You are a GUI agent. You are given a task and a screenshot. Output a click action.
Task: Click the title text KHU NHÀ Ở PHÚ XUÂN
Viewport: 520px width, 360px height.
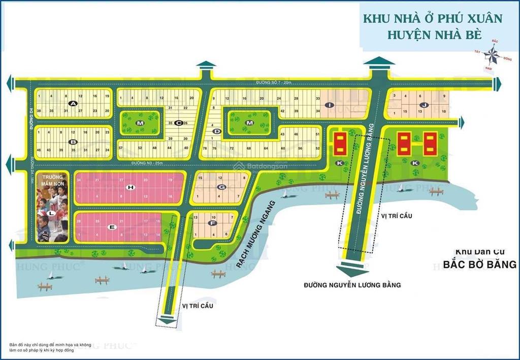[432, 18]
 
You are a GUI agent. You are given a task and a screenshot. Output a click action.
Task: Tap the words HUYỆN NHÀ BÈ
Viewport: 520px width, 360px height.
[432, 36]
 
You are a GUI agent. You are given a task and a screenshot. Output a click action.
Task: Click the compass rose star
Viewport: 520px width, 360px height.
[491, 54]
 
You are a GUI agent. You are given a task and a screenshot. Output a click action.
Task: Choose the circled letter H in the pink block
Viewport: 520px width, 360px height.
[131, 188]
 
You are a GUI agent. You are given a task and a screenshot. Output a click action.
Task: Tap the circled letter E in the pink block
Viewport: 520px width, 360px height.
[113, 226]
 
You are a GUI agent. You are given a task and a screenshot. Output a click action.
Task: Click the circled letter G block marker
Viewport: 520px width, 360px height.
[221, 187]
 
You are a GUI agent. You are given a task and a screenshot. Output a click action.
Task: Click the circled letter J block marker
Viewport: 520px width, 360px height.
[422, 104]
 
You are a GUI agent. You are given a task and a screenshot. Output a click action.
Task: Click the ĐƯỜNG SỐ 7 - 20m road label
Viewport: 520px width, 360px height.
[275, 83]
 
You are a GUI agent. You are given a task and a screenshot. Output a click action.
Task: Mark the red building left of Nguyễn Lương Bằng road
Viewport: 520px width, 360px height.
[339, 144]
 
